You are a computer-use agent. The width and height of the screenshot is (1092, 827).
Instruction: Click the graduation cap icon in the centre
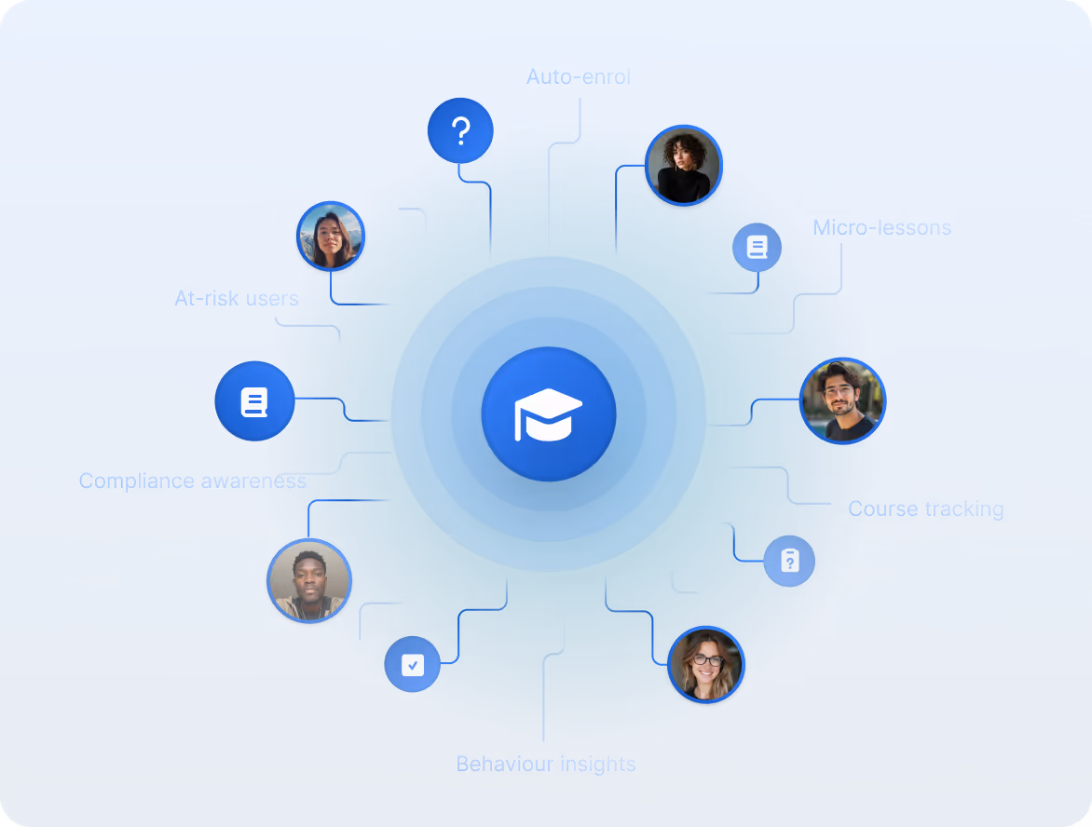549,414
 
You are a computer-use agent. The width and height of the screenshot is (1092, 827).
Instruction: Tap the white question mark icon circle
459,131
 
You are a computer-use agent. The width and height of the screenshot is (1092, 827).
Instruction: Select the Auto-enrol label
579,76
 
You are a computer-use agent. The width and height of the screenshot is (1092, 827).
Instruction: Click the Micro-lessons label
881,227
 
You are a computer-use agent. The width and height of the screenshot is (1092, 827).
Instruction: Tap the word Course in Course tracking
880,509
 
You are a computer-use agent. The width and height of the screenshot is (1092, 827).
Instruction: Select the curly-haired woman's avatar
683,166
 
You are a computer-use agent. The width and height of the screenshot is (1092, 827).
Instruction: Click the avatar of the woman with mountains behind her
330,237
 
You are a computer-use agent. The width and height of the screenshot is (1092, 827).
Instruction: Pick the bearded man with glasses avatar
842,401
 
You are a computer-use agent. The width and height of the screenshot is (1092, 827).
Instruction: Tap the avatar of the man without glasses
308,581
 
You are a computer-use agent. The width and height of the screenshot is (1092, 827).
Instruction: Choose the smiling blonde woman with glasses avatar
706,664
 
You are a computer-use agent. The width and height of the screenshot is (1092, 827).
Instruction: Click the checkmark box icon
412,665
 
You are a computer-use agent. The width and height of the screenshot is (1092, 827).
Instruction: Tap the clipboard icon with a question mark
789,561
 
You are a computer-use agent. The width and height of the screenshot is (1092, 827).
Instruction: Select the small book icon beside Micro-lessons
757,248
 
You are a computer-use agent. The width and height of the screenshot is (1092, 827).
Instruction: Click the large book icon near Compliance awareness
254,402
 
